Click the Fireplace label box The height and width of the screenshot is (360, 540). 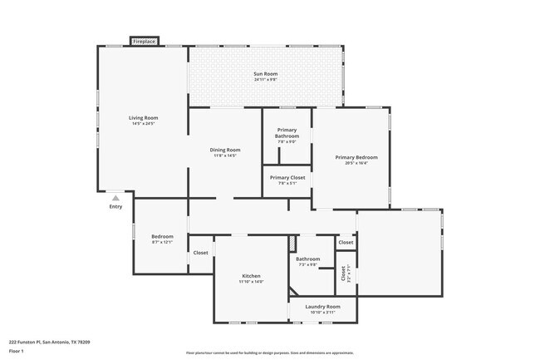(x=144, y=41)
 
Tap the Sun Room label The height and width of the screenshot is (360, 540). (x=265, y=74)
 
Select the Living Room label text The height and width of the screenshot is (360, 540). (x=143, y=118)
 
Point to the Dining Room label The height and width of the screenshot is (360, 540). (x=224, y=150)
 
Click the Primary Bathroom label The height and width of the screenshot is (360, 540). (x=287, y=133)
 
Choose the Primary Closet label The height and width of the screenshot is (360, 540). (x=287, y=177)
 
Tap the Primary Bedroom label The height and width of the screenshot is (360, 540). (x=356, y=157)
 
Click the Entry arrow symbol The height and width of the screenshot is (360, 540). (x=115, y=199)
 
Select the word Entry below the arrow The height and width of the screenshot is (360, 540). (x=115, y=207)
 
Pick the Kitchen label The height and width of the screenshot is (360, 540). (x=251, y=276)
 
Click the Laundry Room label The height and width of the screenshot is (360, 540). (x=322, y=307)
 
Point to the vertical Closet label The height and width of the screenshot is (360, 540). (x=343, y=273)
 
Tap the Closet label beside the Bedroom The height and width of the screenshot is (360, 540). (x=200, y=253)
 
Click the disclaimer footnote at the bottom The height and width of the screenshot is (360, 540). (x=270, y=353)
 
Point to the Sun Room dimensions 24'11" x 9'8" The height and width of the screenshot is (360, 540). (x=265, y=80)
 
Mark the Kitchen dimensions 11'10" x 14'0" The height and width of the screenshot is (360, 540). (x=251, y=282)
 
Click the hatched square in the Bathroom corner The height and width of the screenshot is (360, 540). (x=292, y=243)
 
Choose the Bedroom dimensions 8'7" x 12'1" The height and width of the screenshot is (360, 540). (x=162, y=242)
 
